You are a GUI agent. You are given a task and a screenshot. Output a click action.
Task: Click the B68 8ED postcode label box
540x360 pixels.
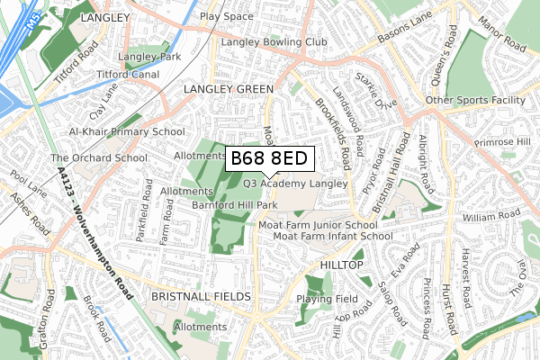coord(269,158)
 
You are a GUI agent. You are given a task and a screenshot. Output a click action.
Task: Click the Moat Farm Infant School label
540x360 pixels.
coord(333,236)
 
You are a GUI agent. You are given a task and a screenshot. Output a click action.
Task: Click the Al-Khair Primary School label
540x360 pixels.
coord(127,131)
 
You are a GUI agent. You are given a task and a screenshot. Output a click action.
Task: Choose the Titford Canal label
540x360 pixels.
coord(127,73)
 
